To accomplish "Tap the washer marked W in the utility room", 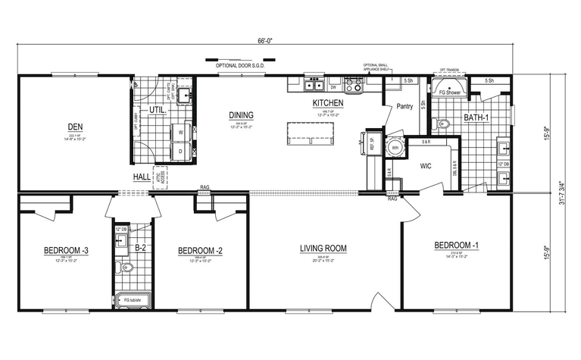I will click(x=180, y=132).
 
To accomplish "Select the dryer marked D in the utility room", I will click(x=180, y=151).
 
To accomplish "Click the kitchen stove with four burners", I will click(x=353, y=85).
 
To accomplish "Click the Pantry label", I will click(x=405, y=107).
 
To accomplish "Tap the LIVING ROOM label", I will click(x=323, y=248).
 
